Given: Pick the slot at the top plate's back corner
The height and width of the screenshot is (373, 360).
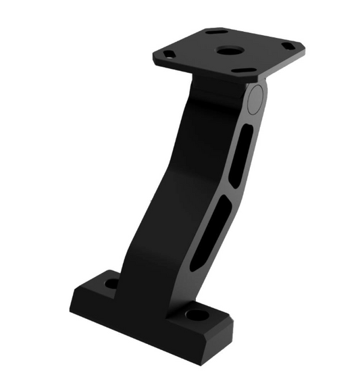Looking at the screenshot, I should click(x=217, y=32).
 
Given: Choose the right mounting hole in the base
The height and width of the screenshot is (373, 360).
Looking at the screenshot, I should click(x=197, y=315).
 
